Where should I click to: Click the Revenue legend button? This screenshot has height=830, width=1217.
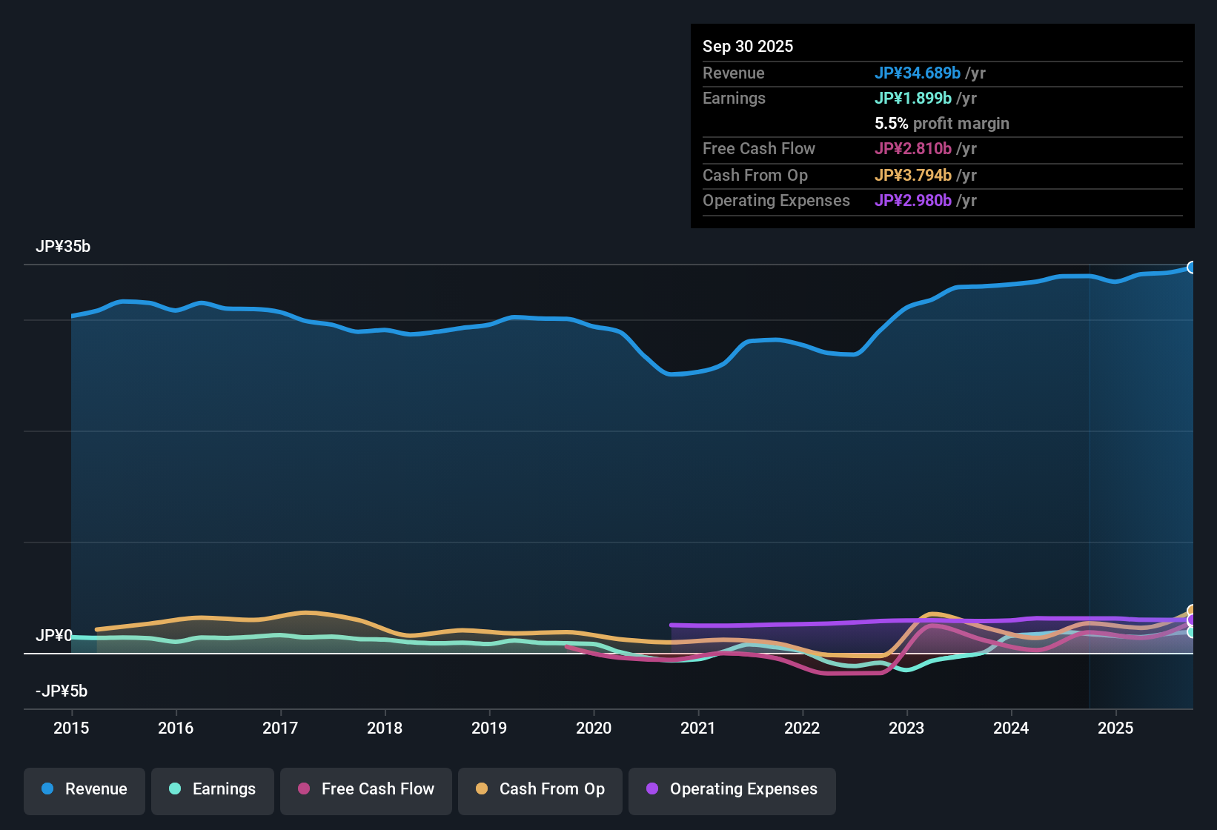pyautogui.click(x=84, y=789)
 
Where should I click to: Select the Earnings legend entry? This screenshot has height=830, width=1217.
pyautogui.click(x=213, y=789)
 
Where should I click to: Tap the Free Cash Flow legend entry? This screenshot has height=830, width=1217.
pyautogui.click(x=366, y=789)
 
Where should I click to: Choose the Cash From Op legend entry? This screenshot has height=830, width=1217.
pyautogui.click(x=540, y=789)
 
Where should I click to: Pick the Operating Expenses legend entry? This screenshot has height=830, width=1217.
pyautogui.click(x=732, y=789)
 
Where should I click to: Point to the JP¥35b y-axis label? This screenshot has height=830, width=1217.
pyautogui.click(x=63, y=247)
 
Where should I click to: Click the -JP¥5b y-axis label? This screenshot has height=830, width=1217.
pyautogui.click(x=62, y=691)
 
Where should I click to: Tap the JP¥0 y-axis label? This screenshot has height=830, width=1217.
pyautogui.click(x=54, y=636)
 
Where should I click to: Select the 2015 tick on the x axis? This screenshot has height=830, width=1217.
pyautogui.click(x=71, y=728)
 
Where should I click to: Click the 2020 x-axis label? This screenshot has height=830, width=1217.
pyautogui.click(x=594, y=728)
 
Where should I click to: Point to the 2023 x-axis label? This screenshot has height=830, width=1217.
pyautogui.click(x=906, y=728)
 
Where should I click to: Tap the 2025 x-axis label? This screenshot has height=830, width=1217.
pyautogui.click(x=1115, y=728)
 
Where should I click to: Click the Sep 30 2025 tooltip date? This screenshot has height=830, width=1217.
pyautogui.click(x=748, y=46)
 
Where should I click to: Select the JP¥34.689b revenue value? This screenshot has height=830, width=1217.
pyautogui.click(x=918, y=73)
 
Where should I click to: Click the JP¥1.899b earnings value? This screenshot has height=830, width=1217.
pyautogui.click(x=913, y=99)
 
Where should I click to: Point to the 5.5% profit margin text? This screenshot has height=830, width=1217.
pyautogui.click(x=942, y=124)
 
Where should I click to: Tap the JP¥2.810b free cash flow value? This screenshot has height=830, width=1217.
pyautogui.click(x=913, y=149)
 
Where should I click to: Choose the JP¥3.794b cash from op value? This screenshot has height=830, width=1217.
pyautogui.click(x=913, y=176)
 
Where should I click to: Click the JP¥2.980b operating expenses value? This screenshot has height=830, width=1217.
pyautogui.click(x=913, y=201)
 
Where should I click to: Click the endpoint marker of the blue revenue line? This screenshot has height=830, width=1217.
pyautogui.click(x=1191, y=268)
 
